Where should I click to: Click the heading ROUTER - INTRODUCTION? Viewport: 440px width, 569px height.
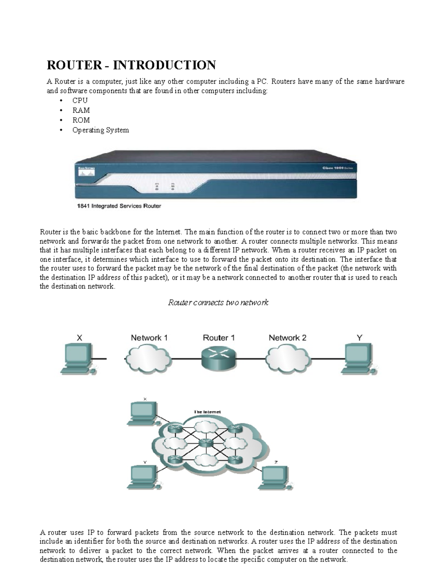[131, 65]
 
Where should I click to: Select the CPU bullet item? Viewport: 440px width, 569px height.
[80, 100]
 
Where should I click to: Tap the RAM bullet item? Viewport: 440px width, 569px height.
[81, 110]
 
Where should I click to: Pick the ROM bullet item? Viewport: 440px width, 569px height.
[81, 120]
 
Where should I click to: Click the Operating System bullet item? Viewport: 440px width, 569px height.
[100, 130]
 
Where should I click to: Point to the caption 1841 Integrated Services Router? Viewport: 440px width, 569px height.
[119, 206]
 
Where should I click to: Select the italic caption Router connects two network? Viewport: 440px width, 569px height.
[218, 303]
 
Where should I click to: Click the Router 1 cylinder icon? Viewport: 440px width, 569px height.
[219, 358]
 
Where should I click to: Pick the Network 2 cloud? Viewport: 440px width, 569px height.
[287, 358]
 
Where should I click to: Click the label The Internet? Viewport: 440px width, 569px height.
[207, 412]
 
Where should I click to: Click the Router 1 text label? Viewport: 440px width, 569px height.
[219, 338]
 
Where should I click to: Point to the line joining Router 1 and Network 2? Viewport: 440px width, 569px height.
[251, 359]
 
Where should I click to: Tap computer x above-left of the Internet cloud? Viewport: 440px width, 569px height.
[144, 413]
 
